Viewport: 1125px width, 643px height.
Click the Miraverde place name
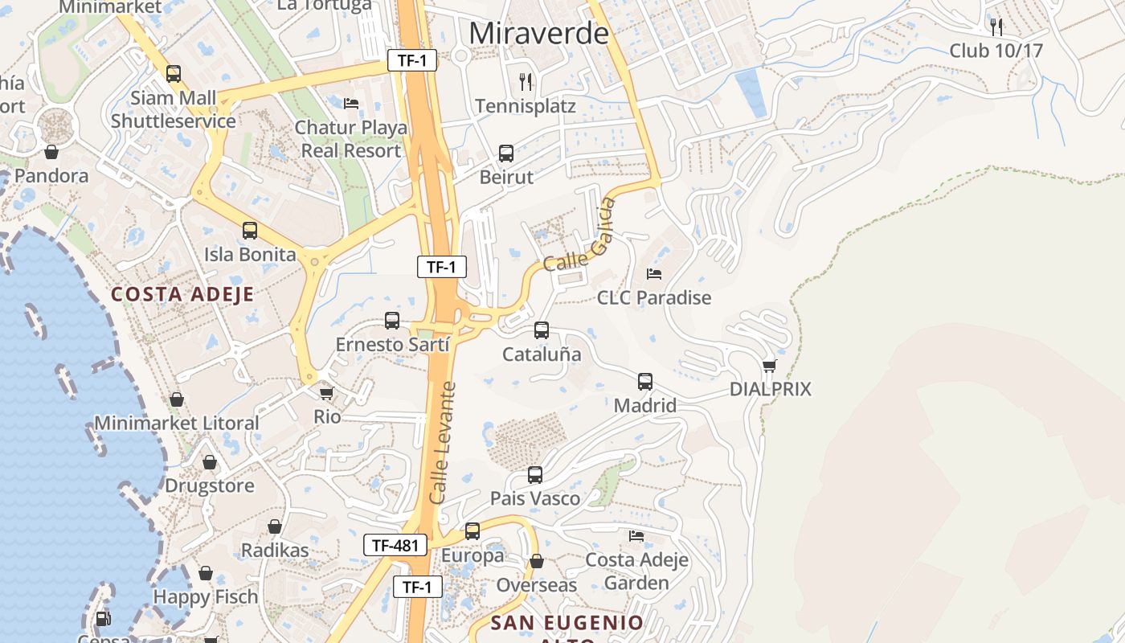pos(538,34)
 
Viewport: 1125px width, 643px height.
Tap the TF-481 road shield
pos(395,545)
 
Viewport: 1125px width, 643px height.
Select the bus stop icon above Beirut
pos(506,154)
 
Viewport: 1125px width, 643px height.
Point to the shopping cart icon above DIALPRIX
pos(770,366)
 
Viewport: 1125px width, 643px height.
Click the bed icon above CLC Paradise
pos(654,274)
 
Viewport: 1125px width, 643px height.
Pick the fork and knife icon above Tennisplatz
pos(526,81)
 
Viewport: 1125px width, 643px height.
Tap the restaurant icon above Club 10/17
pos(996,27)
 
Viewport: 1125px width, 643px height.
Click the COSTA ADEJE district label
pos(182,294)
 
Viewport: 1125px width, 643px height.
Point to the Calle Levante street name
pos(443,444)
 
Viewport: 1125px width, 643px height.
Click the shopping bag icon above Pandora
pos(51,152)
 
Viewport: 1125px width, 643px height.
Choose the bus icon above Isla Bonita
pos(250,231)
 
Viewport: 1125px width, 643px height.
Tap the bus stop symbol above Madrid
pos(645,382)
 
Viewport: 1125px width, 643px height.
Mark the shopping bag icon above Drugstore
pos(210,462)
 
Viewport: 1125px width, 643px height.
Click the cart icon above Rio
pos(326,393)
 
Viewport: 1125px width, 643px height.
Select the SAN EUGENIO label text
pos(567,623)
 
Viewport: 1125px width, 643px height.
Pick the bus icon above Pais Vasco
pos(535,475)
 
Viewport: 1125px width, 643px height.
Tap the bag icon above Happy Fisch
pos(206,573)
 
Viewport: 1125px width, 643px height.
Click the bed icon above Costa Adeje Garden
pos(636,535)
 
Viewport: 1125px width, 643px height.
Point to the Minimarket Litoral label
pos(177,423)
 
